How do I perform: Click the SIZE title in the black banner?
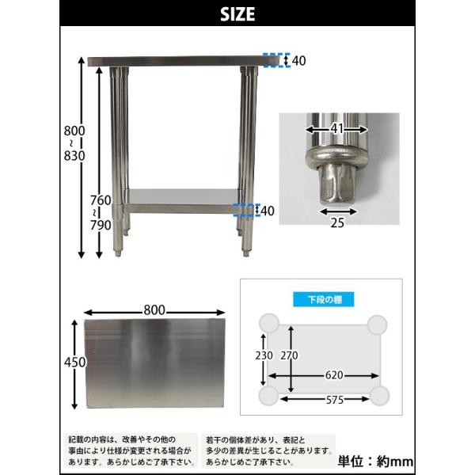(237, 14)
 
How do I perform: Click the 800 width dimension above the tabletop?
(154, 310)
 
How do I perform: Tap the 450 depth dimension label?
(75, 363)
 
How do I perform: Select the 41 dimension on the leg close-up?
(337, 129)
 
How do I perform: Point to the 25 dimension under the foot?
(337, 223)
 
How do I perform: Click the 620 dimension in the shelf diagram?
(334, 375)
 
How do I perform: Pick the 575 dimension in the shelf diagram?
(335, 400)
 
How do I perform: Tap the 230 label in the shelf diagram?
(264, 355)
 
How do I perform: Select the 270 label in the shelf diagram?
(289, 355)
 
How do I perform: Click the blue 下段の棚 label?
(324, 299)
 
